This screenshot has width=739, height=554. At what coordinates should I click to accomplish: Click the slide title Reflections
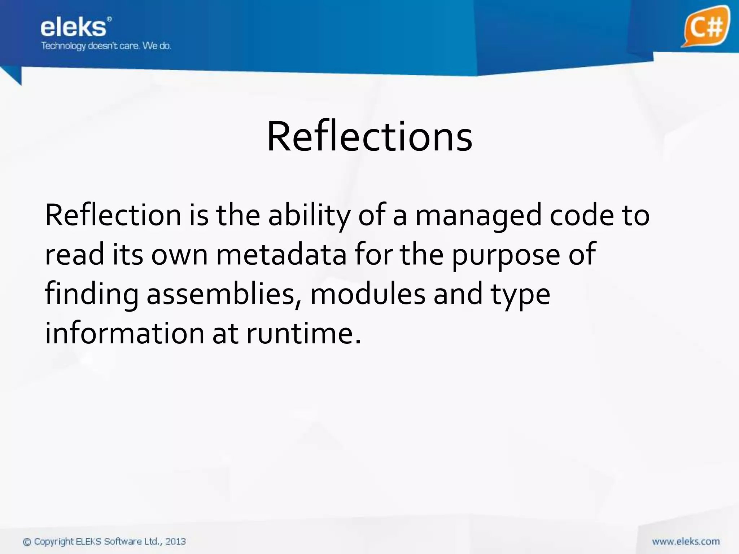click(x=369, y=137)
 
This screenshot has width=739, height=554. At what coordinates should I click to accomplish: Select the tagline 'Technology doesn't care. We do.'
click(x=106, y=46)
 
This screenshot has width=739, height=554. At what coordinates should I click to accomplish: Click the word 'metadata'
click(x=281, y=255)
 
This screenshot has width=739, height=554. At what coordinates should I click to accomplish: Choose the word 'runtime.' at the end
click(x=303, y=333)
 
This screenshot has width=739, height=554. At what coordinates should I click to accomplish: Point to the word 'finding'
click(x=92, y=294)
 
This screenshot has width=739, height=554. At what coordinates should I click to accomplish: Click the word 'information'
click(x=125, y=333)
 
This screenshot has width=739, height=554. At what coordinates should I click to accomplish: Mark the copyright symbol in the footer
click(x=27, y=542)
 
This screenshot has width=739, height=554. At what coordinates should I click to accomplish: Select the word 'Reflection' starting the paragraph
click(x=113, y=216)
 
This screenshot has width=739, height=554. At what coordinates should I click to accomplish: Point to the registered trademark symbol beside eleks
click(x=109, y=19)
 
